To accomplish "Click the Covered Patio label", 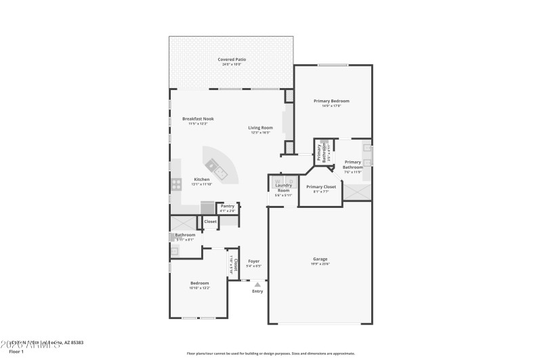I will click(232, 60).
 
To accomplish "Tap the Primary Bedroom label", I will click(331, 101).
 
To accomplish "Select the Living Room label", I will click(260, 127).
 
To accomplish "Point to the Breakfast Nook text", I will click(198, 119).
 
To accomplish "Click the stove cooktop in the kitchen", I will click(176, 183).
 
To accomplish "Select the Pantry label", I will click(228, 206).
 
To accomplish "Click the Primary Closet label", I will click(321, 187).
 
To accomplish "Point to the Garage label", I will click(320, 259).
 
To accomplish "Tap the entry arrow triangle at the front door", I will click(257, 285).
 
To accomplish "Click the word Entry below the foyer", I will click(257, 291).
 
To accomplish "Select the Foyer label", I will click(253, 261).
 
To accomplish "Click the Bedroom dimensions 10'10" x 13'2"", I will click(199, 288).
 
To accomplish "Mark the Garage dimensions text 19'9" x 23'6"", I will click(320, 264).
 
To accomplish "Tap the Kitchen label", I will click(201, 179).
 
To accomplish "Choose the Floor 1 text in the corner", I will click(16, 352).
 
